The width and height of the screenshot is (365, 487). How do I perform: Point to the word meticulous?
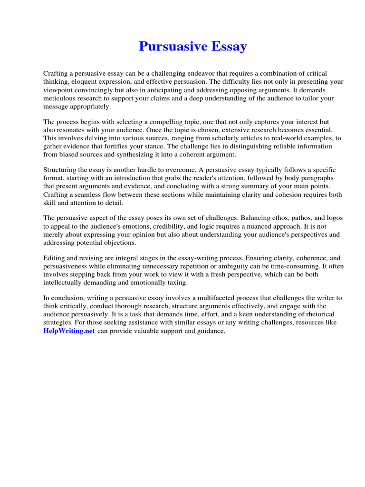(60, 98)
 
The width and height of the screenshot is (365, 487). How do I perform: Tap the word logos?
(334, 218)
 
